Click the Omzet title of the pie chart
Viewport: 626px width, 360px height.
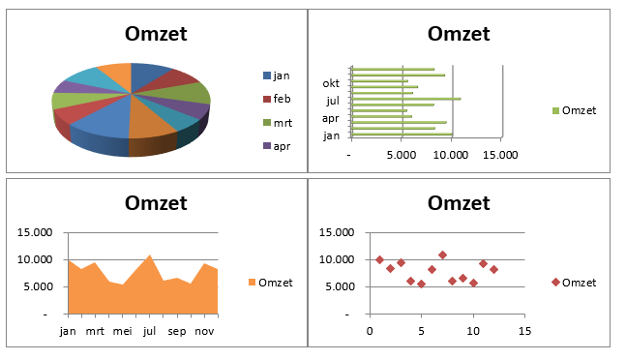pos(156,34)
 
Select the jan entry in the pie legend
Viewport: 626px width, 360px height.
pos(282,75)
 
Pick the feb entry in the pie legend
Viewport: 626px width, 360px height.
pos(282,99)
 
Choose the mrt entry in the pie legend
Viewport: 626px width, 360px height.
pos(282,122)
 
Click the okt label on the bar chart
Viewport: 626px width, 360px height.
pos(331,82)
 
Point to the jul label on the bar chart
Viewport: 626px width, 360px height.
pos(332,100)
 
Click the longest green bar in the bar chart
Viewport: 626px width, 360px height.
pos(406,99)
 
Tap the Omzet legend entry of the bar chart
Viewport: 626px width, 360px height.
pos(579,110)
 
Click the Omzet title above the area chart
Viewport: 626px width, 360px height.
pos(156,203)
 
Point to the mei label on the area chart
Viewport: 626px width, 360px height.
pos(122,330)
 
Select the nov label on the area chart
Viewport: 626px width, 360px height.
pos(204,330)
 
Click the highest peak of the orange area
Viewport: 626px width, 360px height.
pos(149,256)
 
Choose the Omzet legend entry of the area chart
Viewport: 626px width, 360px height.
pos(275,283)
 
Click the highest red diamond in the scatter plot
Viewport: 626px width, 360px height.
pos(442,255)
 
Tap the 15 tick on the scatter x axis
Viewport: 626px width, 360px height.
pos(524,330)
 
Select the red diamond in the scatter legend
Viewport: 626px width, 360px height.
pos(555,283)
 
